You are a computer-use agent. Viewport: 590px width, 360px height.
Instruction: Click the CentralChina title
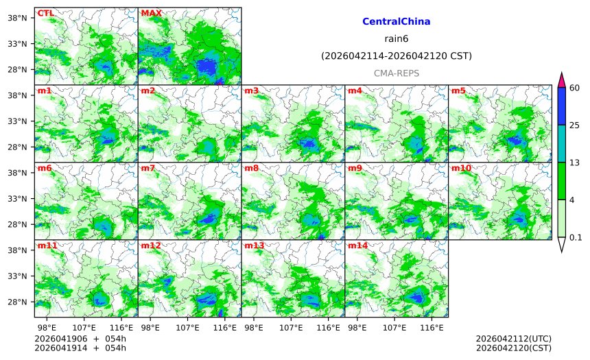pyautogui.click(x=396, y=22)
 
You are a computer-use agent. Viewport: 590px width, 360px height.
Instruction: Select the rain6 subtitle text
pyautogui.click(x=396, y=39)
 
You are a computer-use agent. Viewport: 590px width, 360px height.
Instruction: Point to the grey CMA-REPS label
pyautogui.click(x=396, y=73)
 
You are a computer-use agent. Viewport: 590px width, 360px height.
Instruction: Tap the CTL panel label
pyautogui.click(x=45, y=13)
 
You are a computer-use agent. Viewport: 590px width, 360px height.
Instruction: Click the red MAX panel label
pyautogui.click(x=151, y=13)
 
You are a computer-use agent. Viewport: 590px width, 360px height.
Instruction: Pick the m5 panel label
pyautogui.click(x=458, y=91)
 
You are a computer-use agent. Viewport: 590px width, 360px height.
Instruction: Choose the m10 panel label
pyautogui.click(x=460, y=168)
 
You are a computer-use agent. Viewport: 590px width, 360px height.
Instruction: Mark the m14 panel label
pyautogui.click(x=357, y=245)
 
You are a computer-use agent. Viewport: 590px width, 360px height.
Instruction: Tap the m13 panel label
pyautogui.click(x=254, y=245)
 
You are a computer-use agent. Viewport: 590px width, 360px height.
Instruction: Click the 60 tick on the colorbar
pyautogui.click(x=575, y=87)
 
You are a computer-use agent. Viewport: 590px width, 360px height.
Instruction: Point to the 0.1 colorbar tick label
pyautogui.click(x=576, y=237)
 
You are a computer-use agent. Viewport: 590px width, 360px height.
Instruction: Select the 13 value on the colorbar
pyautogui.click(x=575, y=162)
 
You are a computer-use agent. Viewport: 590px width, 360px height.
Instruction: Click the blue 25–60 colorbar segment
pyautogui.click(x=560, y=106)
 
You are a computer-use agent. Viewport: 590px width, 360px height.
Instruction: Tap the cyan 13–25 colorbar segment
pyautogui.click(x=560, y=143)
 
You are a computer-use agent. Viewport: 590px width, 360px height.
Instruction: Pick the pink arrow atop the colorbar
pyautogui.click(x=560, y=80)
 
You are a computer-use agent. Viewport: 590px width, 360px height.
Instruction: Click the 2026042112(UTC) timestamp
pyautogui.click(x=513, y=339)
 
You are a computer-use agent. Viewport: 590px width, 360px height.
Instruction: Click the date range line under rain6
pyautogui.click(x=396, y=56)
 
